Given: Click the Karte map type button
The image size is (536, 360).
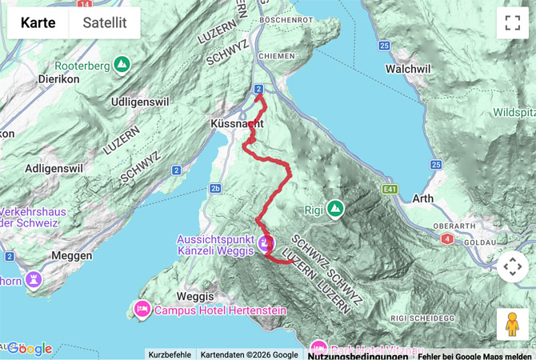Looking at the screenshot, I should (38, 22).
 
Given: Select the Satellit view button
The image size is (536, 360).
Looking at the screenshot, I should (105, 22).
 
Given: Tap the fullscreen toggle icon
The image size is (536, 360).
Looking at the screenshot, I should (512, 22).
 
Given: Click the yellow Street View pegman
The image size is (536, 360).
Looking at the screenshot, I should (512, 324).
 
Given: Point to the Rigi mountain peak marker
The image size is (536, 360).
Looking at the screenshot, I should (335, 209).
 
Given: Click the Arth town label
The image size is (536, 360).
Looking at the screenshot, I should (422, 198).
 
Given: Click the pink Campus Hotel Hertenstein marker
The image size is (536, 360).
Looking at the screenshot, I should (142, 309).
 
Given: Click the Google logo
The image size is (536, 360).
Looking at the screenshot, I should (30, 349).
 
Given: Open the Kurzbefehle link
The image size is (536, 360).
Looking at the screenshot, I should (170, 354).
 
